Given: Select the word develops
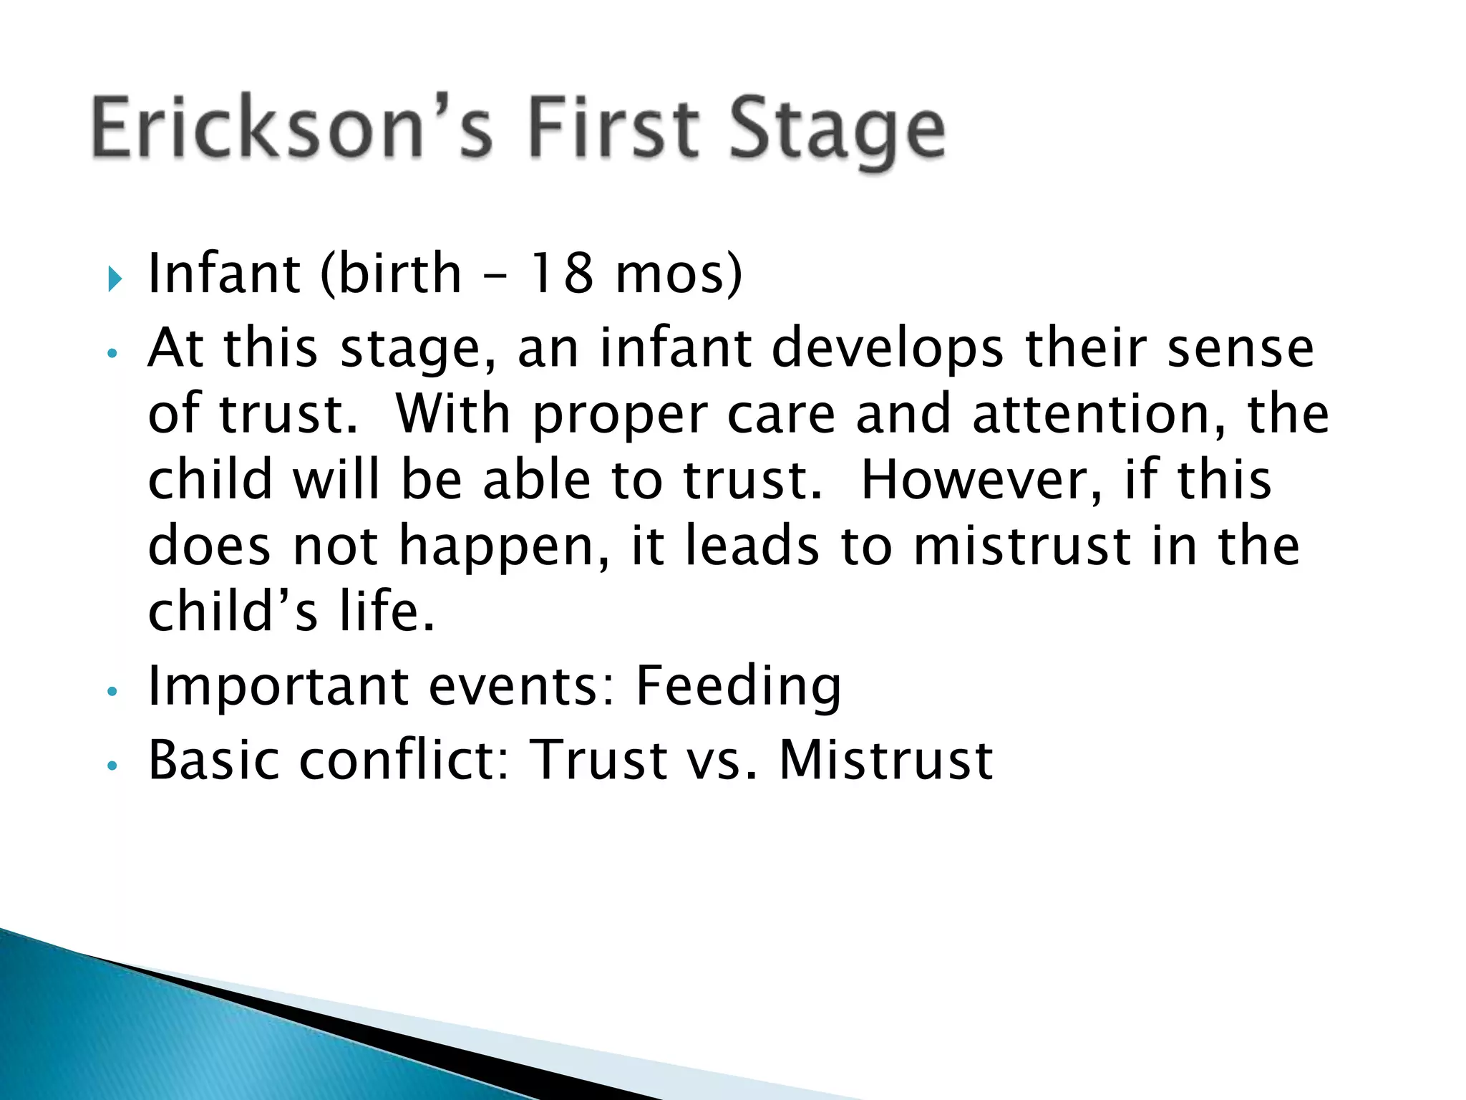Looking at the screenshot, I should coord(888,349).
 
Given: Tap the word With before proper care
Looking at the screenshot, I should coord(452,414).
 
